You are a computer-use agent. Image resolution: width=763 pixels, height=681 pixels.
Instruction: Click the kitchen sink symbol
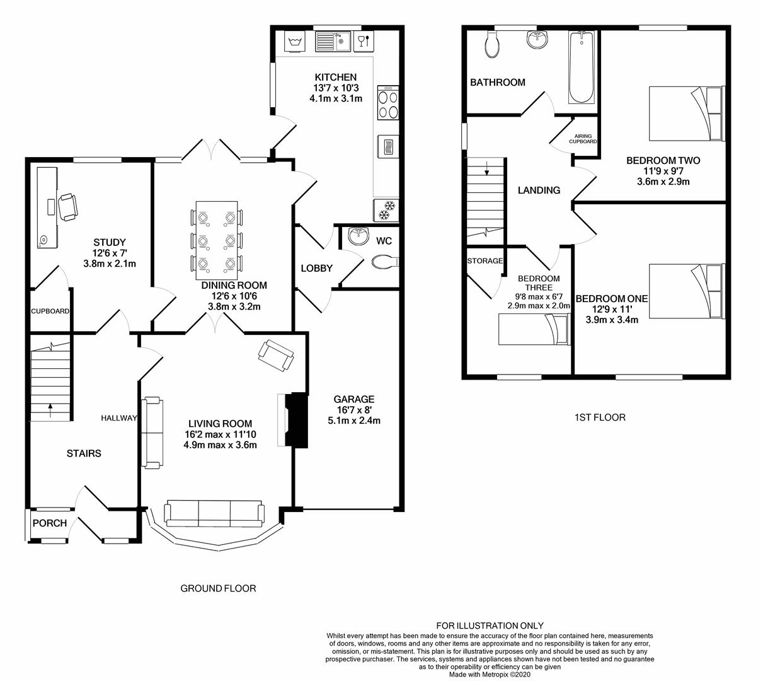click(x=333, y=42)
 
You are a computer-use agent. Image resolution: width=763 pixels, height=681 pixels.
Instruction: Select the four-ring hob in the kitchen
click(x=388, y=103)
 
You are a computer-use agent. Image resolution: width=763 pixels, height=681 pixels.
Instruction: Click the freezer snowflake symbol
click(x=386, y=211)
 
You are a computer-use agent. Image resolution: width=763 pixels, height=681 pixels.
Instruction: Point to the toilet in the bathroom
click(x=491, y=45)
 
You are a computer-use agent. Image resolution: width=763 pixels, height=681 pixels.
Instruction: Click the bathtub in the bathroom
click(x=582, y=67)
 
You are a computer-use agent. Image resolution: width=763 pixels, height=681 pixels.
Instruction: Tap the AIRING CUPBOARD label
click(x=583, y=139)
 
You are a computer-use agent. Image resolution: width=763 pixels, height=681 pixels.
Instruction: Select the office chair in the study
click(x=68, y=207)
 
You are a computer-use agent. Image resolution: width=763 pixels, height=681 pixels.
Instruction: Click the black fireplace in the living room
click(x=297, y=420)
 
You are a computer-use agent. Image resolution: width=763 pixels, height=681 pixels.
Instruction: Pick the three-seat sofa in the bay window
click(x=214, y=514)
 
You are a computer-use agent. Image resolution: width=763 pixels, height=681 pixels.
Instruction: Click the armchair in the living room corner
click(x=276, y=356)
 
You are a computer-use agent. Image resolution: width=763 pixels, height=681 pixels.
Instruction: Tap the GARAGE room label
click(x=354, y=399)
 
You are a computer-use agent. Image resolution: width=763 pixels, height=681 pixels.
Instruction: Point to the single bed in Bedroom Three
click(x=534, y=330)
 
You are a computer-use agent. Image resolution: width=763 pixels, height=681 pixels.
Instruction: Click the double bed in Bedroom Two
click(x=687, y=113)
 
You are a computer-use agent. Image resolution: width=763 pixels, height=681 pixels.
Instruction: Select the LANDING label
click(x=539, y=190)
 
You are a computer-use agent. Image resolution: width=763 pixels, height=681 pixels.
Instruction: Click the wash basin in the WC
click(x=356, y=236)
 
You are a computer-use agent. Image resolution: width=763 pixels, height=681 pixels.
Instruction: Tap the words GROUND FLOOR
click(x=218, y=588)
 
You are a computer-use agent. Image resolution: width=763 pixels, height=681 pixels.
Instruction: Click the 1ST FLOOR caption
click(x=600, y=417)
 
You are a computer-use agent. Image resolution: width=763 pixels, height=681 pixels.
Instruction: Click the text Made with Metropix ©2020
click(x=490, y=675)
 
